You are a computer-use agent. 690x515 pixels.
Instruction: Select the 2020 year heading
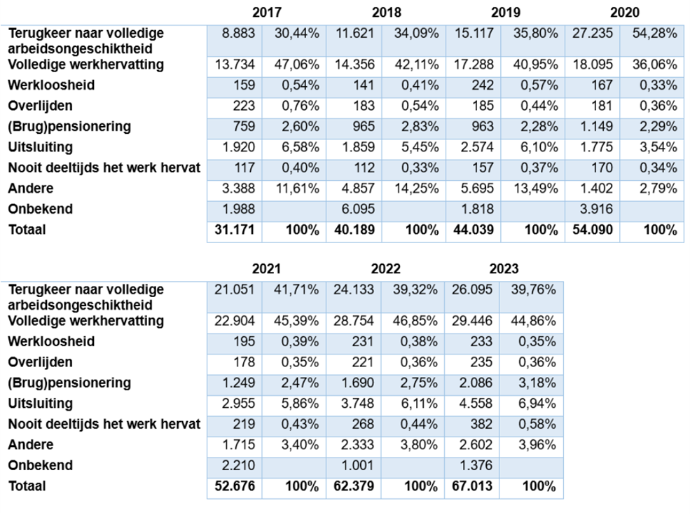pos(624,13)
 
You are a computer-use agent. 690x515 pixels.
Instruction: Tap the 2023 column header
pos(504,268)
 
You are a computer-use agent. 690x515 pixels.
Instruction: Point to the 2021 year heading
pos(266,268)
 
